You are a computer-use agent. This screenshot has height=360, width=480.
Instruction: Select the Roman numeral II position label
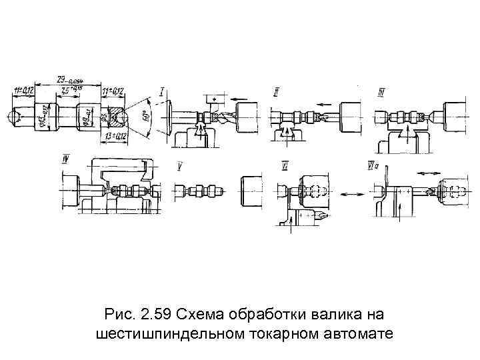click(x=275, y=91)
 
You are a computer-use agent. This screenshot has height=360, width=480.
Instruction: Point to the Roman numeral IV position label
click(x=66, y=158)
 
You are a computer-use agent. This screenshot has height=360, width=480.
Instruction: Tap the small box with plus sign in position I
click(x=213, y=98)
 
